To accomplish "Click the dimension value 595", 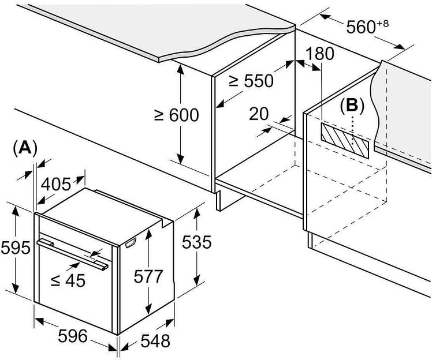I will click(x=15, y=249).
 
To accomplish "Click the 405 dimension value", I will click(x=57, y=184).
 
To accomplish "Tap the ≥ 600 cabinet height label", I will click(x=176, y=115).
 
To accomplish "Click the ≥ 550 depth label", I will click(x=251, y=81).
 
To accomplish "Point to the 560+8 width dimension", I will click(x=364, y=27).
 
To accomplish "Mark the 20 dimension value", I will click(x=259, y=114).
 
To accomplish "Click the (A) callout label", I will click(x=25, y=148).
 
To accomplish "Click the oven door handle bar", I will click(x=72, y=253).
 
